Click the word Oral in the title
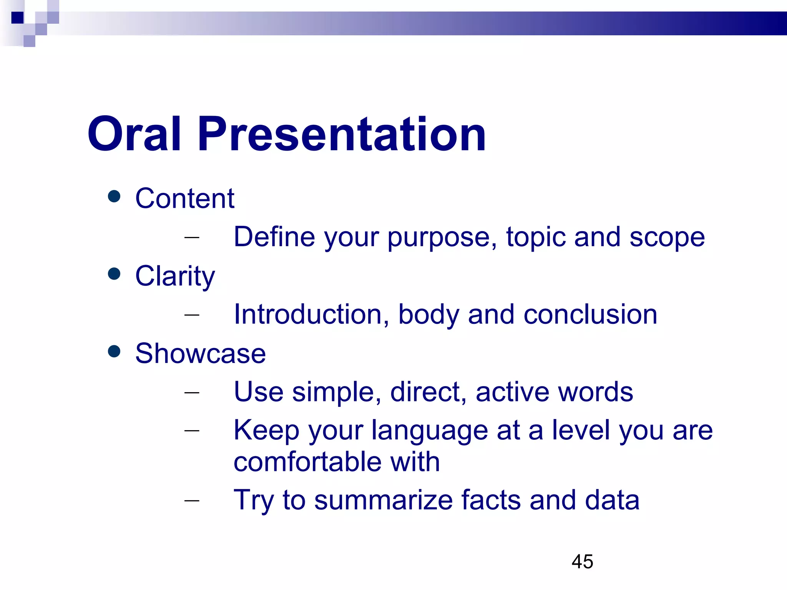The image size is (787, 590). [134, 134]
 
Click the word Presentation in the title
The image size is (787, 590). [342, 134]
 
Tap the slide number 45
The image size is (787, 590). [582, 562]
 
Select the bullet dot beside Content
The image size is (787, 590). [114, 197]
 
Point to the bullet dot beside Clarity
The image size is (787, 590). [114, 274]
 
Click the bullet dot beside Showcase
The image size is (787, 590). [114, 351]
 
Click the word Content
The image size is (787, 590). [184, 199]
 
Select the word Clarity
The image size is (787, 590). [175, 276]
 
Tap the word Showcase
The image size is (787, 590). [200, 353]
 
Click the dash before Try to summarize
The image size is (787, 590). [192, 500]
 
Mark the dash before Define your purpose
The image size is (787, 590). [192, 237]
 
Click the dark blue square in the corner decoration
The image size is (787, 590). [18, 18]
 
